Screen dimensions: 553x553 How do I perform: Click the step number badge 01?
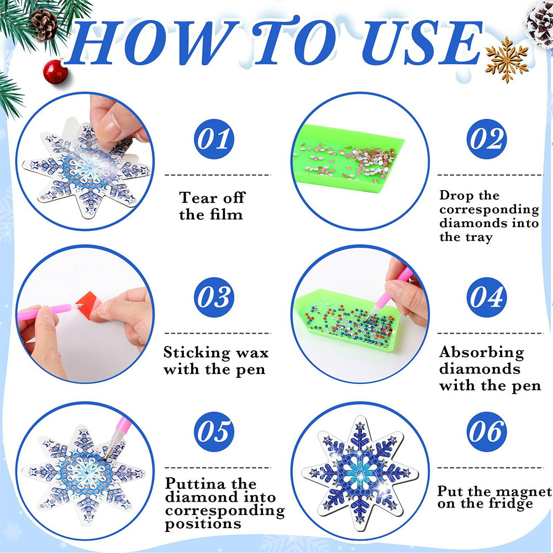(x=214, y=139)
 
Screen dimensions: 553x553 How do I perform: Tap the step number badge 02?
(x=487, y=139)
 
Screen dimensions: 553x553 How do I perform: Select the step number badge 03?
(x=214, y=297)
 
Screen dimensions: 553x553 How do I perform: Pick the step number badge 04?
(x=487, y=297)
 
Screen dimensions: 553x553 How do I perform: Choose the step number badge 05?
(x=214, y=431)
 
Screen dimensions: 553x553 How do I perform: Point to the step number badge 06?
(x=487, y=431)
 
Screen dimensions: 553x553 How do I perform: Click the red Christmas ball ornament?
(x=55, y=72)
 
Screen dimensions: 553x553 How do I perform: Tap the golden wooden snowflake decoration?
(x=507, y=59)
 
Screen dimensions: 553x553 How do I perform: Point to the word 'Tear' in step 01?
(x=198, y=198)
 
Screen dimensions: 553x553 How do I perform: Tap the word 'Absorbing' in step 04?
(x=481, y=352)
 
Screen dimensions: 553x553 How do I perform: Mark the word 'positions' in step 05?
(x=203, y=524)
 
